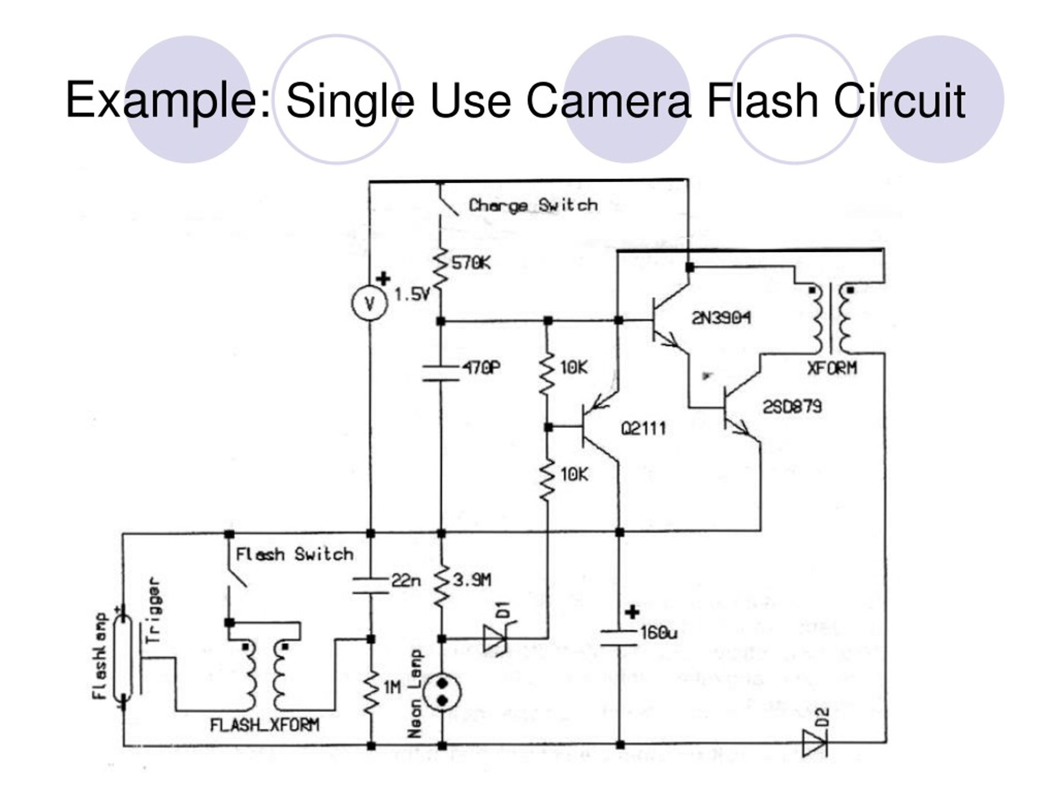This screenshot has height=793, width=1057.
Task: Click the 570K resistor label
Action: pos(471,263)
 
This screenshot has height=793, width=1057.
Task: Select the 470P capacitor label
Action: pos(481,368)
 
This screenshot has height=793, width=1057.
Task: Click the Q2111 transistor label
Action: pos(643,428)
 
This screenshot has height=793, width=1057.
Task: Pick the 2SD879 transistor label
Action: pos(792,407)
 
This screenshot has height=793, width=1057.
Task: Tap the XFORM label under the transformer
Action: pos(832,368)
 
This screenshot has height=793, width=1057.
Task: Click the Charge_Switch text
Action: pos(533,206)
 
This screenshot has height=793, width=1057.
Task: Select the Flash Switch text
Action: pos(294,554)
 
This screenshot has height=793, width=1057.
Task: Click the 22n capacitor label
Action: pos(406,580)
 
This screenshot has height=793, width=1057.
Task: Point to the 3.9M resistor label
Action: pos(472,580)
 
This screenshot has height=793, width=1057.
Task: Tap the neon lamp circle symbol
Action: pos(443,693)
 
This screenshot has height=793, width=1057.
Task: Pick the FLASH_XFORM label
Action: pos(265,725)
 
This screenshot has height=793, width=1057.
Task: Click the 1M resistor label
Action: pos(392,687)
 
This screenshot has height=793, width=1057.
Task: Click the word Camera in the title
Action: pos(608,100)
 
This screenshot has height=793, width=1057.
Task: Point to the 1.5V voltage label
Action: pos(412,294)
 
